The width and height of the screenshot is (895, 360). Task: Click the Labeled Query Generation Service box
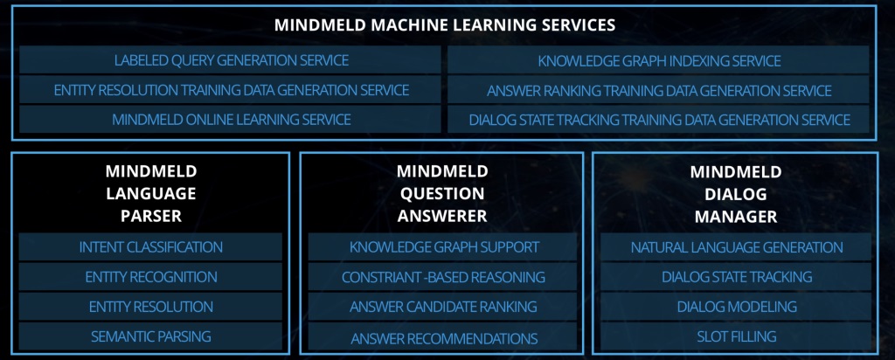point(231,60)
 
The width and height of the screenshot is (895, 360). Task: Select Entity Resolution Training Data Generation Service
point(231,90)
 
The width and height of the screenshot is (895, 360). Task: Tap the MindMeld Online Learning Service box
point(231,119)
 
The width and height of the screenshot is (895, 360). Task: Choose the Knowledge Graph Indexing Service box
point(659,60)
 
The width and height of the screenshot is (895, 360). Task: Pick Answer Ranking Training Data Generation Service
point(659,90)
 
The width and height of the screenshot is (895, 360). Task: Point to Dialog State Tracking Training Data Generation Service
point(659,119)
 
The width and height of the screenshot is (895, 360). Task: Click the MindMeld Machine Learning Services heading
point(445,25)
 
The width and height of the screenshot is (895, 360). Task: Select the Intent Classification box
point(150,247)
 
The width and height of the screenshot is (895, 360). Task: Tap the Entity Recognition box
point(150,277)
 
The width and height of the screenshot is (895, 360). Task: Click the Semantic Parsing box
point(150,336)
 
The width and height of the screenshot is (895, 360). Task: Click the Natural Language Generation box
point(736,247)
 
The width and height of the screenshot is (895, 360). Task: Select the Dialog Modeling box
point(736,307)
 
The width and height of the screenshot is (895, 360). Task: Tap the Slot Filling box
point(736,336)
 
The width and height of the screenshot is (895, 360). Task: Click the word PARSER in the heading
point(151,216)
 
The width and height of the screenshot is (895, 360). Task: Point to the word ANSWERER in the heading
point(442,216)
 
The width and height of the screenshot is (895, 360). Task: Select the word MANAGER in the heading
point(736,216)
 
